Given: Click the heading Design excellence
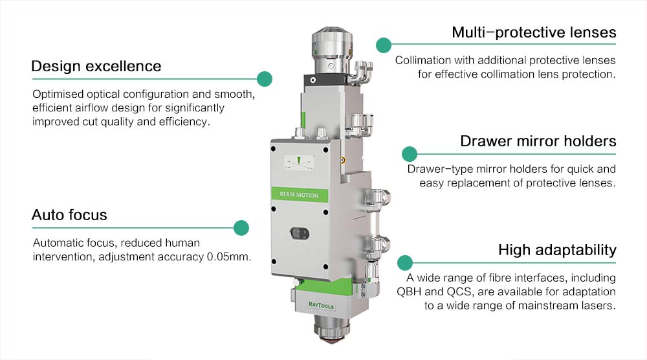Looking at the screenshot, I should (96, 66).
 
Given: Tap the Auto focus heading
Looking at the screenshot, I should (69, 214).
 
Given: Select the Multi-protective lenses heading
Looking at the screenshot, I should (534, 32).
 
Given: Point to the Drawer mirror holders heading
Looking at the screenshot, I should (538, 141).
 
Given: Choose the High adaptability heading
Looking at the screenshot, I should (557, 250).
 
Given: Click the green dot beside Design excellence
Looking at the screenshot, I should (264, 79).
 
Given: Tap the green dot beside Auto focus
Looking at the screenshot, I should (241, 227).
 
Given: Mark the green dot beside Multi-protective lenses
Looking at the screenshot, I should (384, 45).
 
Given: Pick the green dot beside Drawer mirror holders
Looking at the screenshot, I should (409, 153).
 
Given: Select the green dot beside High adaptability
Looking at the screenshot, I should (405, 262).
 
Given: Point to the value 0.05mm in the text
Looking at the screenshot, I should (229, 257).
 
